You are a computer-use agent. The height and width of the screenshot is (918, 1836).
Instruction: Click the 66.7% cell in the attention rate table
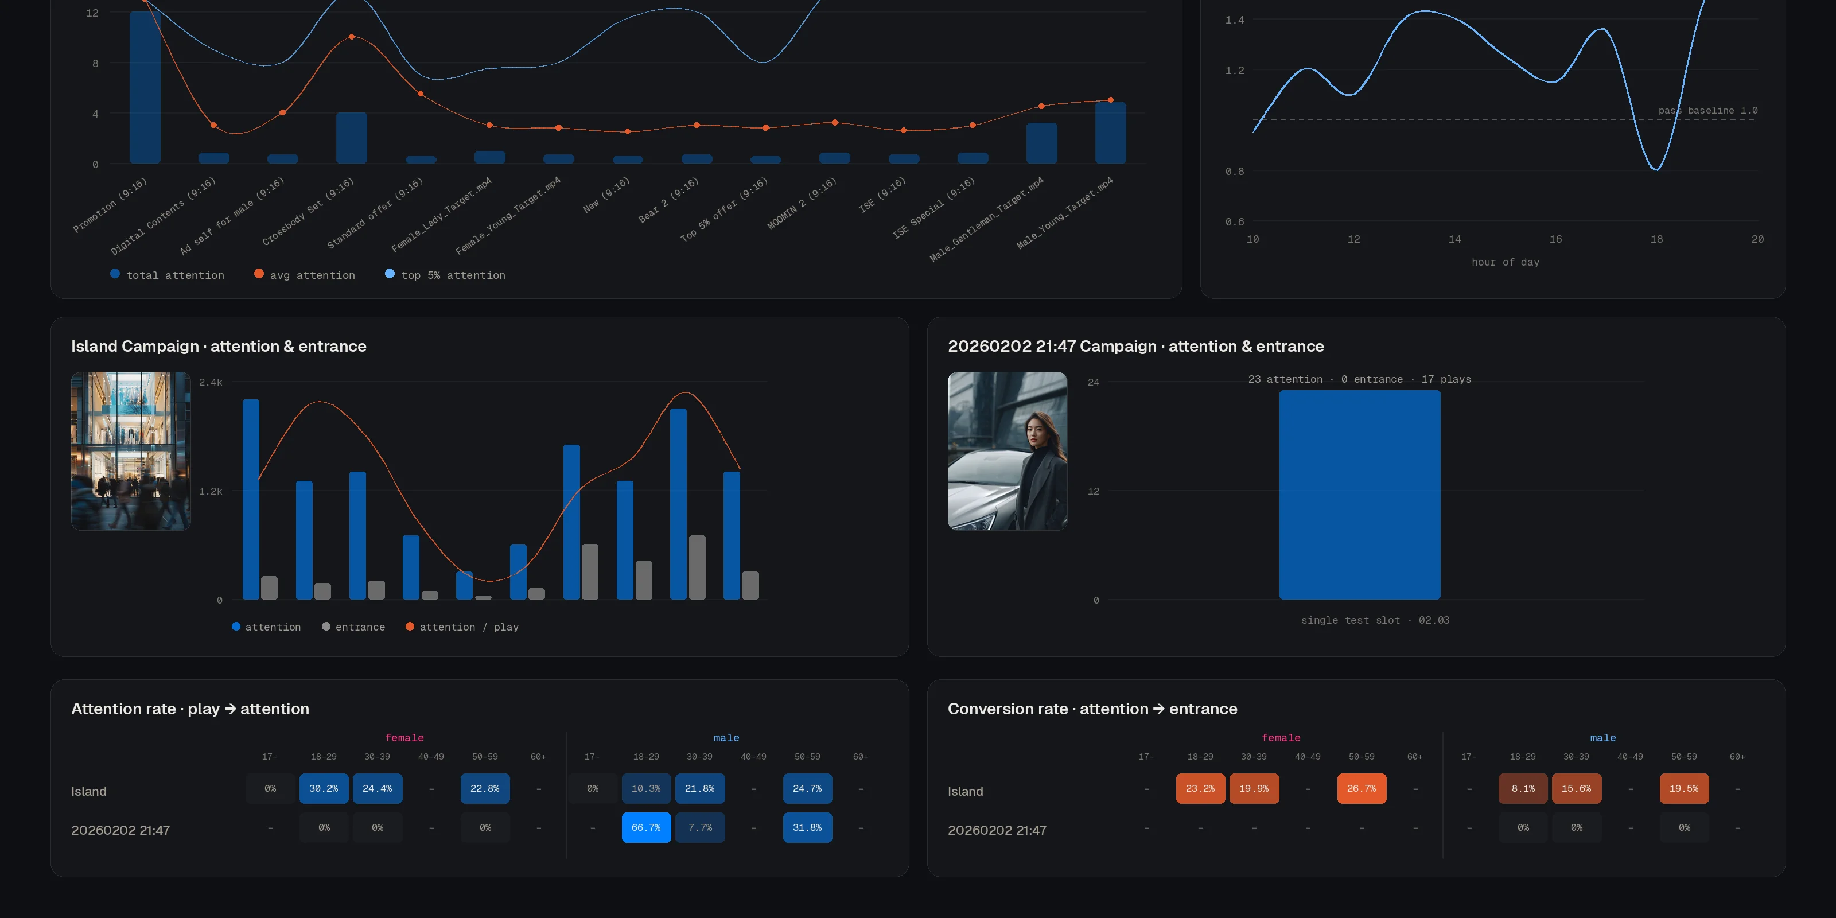pos(645,827)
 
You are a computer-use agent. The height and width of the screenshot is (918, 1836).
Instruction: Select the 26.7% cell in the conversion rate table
pos(1362,788)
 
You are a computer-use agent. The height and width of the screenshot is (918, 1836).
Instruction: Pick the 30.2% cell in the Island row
pos(324,788)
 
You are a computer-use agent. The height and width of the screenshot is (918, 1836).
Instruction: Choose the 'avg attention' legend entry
pos(305,275)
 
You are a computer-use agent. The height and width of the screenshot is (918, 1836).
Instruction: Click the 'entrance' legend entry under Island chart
pos(353,627)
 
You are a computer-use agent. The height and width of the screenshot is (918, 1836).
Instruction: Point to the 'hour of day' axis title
pos(1506,262)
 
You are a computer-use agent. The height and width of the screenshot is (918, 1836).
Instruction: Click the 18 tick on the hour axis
pos(1656,239)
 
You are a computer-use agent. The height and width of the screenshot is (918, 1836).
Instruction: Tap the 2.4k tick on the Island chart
pos(210,383)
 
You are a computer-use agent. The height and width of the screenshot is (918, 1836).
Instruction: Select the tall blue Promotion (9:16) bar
pos(145,88)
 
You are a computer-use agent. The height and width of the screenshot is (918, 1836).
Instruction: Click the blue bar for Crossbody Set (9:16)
pos(351,138)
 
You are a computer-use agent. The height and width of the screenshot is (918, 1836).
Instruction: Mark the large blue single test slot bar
pos(1359,495)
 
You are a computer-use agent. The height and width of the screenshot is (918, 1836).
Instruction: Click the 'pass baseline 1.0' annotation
pos(1707,111)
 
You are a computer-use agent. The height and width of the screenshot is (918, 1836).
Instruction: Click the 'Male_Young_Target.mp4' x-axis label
pos(1064,212)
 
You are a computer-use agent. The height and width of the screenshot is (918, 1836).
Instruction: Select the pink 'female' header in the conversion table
pos(1281,738)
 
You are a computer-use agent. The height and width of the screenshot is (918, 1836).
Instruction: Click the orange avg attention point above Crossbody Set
pos(351,36)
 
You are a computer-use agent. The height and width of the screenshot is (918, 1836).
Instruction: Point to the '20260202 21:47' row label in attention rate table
pos(120,830)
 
